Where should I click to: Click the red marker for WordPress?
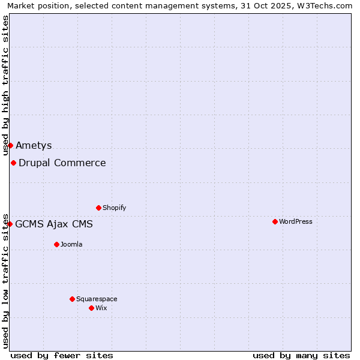(275, 221)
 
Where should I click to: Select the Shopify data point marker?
(98, 208)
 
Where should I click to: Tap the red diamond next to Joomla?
(56, 244)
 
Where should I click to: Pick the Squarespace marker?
(72, 299)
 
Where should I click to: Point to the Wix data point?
(91, 308)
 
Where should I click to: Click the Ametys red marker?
(10, 145)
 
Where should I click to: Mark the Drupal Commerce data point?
(13, 163)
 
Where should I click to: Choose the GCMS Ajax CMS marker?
(10, 224)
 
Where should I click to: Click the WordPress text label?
(295, 221)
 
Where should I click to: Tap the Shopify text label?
(114, 208)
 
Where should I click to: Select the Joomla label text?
(71, 244)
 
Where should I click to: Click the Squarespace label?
(97, 299)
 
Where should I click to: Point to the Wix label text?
(101, 308)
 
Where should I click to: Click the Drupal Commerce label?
(62, 163)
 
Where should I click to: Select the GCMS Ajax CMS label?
(54, 224)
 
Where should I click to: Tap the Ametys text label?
(34, 145)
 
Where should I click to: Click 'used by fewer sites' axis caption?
(62, 355)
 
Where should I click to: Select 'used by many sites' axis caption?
(301, 355)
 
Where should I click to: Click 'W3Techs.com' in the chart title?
(326, 6)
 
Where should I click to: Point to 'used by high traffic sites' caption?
(6, 85)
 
